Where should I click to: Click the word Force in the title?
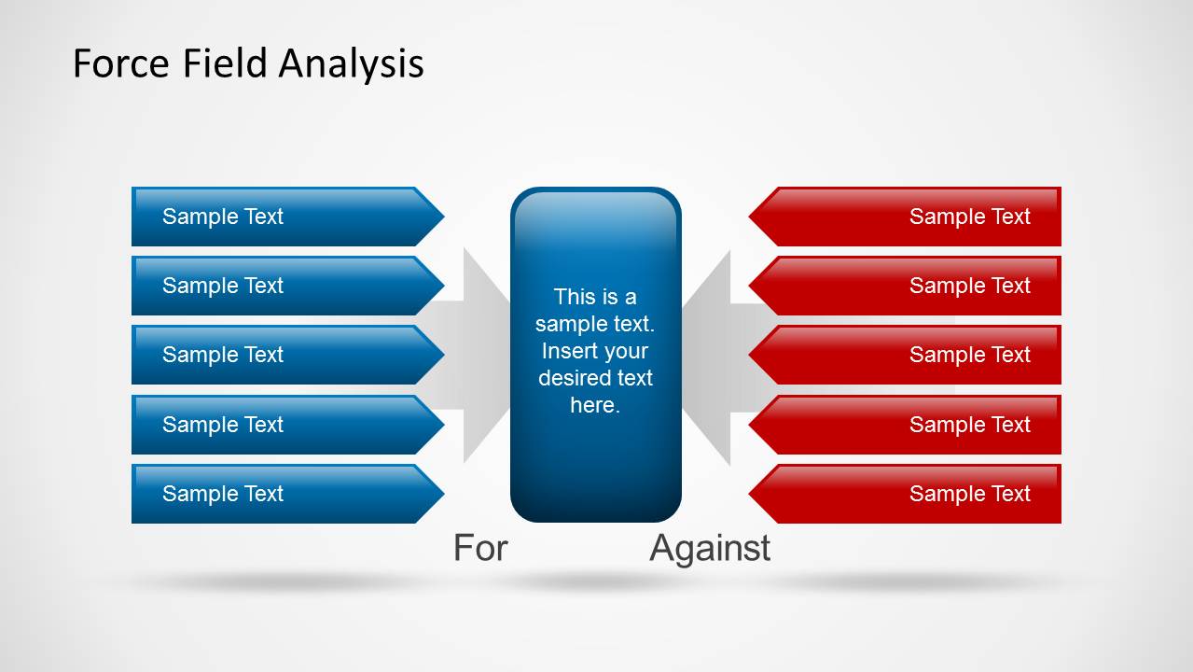click(121, 63)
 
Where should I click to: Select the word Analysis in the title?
click(351, 64)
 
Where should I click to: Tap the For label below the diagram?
click(480, 547)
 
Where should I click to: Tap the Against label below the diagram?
click(710, 549)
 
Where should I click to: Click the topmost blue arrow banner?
click(287, 217)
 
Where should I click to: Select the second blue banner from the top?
click(287, 286)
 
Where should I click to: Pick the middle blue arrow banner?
click(287, 355)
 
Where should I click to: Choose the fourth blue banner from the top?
click(287, 425)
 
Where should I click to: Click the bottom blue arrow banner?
click(287, 494)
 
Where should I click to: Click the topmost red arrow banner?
click(905, 217)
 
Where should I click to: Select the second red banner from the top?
click(905, 286)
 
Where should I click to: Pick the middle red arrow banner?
click(905, 355)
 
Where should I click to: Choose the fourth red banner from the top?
click(905, 425)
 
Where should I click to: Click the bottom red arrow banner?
click(905, 494)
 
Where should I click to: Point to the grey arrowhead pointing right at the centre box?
click(486, 356)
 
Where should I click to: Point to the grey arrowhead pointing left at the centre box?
click(706, 357)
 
